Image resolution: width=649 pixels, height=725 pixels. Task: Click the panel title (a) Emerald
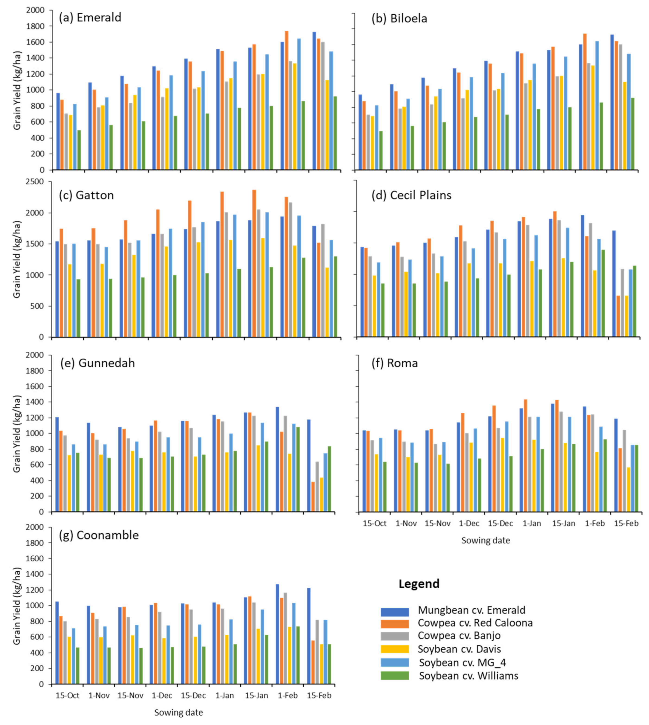pos(90,17)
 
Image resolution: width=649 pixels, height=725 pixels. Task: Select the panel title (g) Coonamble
pos(99,535)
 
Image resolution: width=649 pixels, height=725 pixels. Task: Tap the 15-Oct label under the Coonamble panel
pos(67,695)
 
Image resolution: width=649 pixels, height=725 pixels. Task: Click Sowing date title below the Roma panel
pos(485,540)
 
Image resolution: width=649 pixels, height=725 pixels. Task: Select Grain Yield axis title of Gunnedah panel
pos(17,434)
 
